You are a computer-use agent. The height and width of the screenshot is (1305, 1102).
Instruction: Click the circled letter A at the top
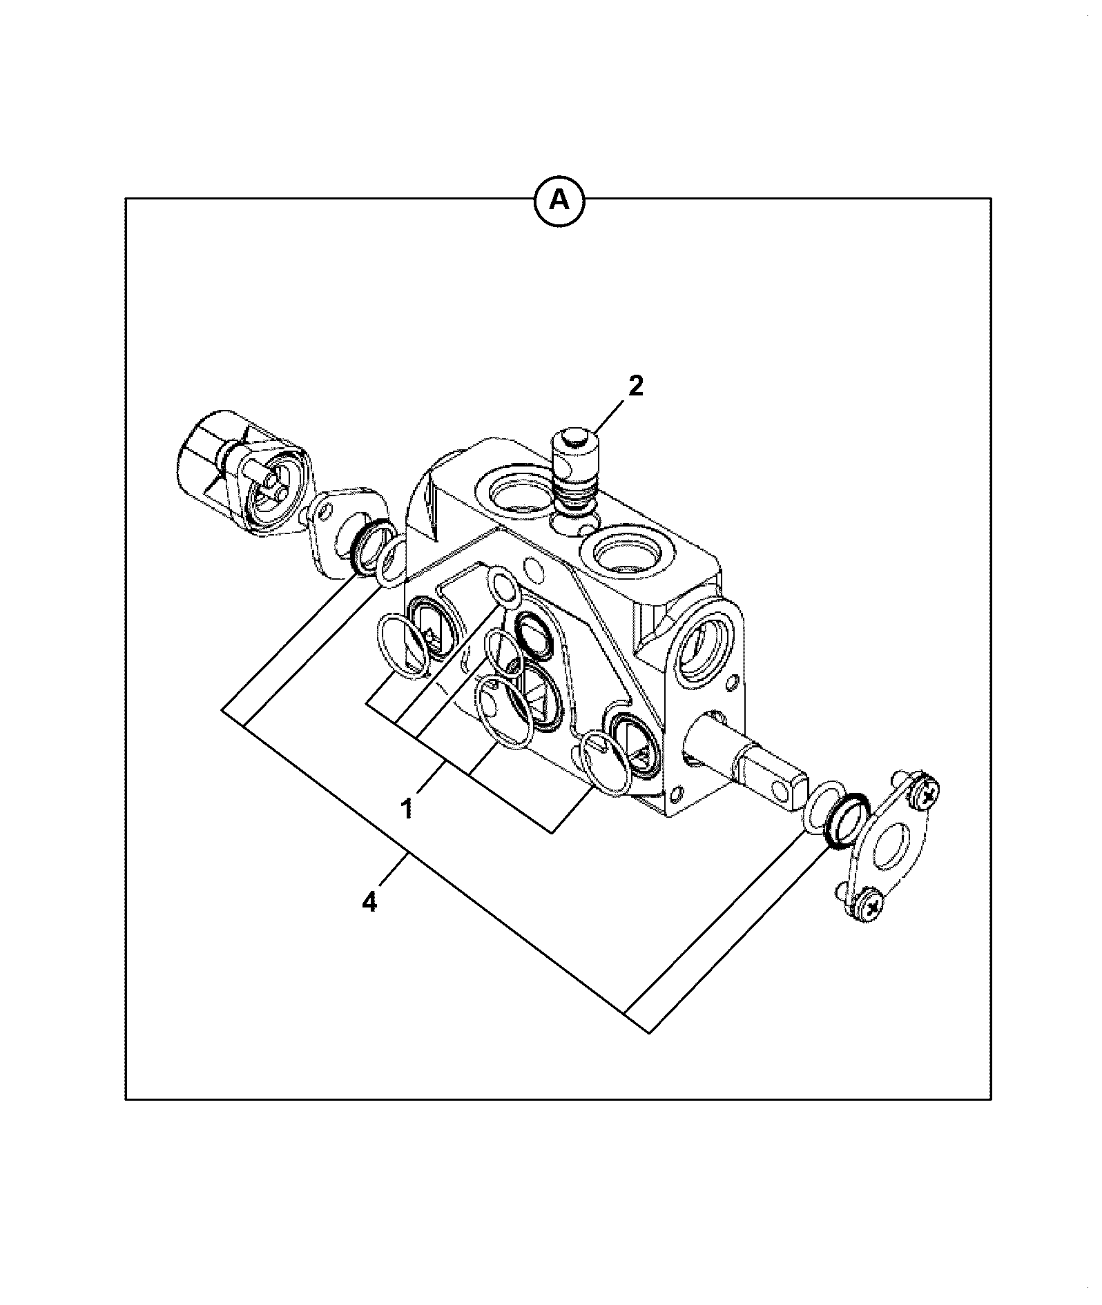tap(559, 200)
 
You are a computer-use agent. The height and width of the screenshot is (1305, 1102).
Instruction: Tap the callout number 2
tap(635, 386)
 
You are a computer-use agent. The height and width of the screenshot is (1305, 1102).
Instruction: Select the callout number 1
tap(407, 807)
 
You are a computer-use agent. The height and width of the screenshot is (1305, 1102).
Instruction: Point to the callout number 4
tap(371, 902)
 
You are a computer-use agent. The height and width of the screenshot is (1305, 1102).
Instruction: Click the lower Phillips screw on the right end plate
tap(869, 905)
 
